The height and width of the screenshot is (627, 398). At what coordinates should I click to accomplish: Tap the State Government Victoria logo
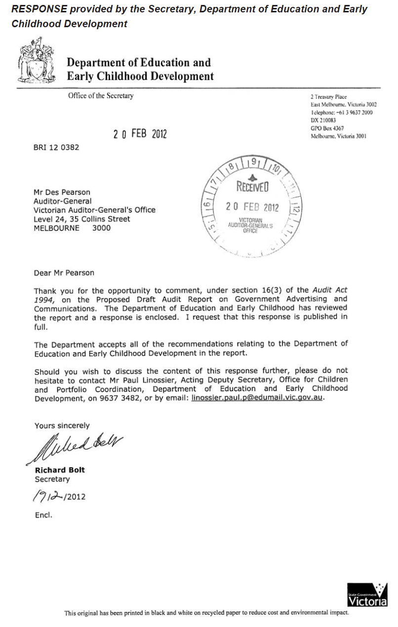pos(367,594)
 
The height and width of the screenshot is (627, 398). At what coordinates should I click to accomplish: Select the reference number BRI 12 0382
pos(56,147)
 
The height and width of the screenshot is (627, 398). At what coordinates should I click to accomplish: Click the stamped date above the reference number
pos(140,134)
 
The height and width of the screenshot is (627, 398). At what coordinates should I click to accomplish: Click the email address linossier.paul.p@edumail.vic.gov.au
pos(257,398)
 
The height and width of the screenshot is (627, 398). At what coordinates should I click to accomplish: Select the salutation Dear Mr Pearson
pos(64,272)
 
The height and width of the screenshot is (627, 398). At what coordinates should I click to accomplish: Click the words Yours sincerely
pos(62,425)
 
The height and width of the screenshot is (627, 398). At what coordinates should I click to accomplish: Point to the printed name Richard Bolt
pos(60,470)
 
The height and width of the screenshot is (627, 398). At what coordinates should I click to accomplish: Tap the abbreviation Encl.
pos(43,515)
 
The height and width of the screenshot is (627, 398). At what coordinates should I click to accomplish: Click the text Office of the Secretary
pos(101,96)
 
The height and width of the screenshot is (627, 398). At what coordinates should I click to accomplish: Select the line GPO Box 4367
pos(327,128)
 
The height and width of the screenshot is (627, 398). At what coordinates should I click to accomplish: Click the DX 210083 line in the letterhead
pos(323,120)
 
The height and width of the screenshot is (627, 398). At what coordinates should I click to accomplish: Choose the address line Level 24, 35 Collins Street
pos(82,219)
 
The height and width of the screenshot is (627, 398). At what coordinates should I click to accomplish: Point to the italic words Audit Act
pos(330,290)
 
